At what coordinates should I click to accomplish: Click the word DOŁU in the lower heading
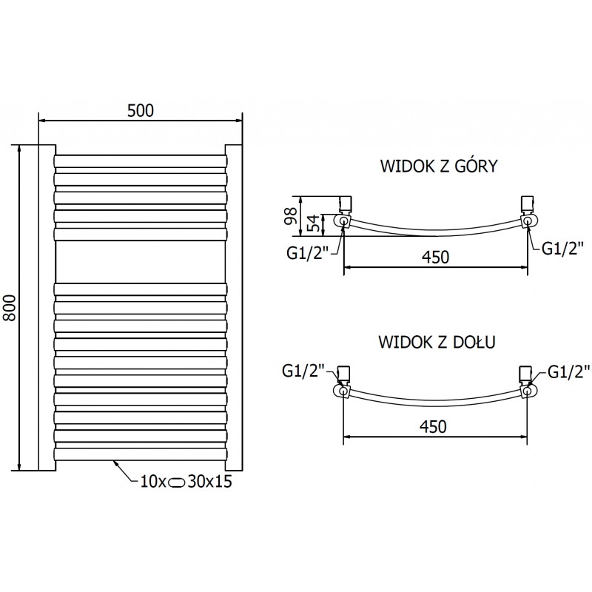point(475,343)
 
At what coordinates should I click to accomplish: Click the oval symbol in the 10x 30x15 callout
point(179,482)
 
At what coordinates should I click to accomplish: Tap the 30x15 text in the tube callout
point(211,482)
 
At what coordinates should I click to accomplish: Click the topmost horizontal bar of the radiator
point(140,161)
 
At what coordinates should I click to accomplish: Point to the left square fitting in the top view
point(345,203)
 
